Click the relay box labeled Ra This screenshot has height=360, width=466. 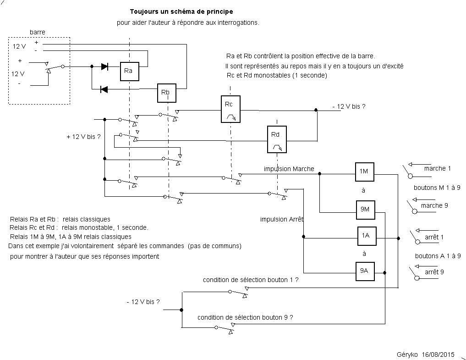[129, 71]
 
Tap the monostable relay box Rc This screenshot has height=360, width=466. [230, 109]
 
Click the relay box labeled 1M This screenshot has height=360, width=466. [364, 171]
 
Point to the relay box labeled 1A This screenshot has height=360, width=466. [365, 235]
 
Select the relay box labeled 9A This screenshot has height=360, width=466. [365, 271]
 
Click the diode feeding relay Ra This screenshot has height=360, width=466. [104, 66]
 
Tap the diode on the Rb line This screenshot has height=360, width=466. [104, 89]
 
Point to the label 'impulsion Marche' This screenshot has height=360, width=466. [289, 169]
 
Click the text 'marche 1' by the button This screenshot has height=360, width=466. [437, 168]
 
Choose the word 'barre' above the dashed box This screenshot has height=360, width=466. [37, 32]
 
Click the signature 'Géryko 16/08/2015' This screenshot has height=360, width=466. [426, 354]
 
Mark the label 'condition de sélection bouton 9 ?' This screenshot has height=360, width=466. [245, 317]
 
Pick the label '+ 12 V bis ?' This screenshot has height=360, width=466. [83, 137]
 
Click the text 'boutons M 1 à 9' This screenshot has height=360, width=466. [436, 188]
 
